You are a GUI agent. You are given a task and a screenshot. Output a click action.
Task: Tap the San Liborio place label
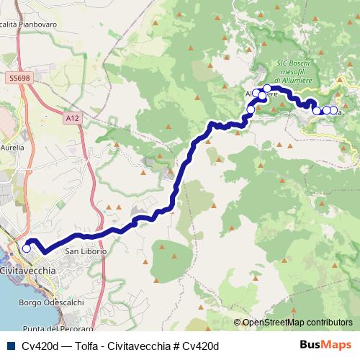tap(86, 252)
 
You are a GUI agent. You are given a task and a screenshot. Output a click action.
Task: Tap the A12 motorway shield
tap(70, 116)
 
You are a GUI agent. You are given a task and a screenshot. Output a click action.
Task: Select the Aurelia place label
tap(14, 147)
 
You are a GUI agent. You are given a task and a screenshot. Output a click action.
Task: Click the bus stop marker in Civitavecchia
tap(27, 248)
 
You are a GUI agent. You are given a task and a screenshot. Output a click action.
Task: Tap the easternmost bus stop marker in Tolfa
tap(333, 110)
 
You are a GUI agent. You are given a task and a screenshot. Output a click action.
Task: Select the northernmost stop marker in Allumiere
tap(267, 89)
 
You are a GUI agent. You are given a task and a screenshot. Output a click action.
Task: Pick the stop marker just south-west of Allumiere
tap(251, 109)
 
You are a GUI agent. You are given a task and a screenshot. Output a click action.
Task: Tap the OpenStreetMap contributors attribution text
tap(297, 323)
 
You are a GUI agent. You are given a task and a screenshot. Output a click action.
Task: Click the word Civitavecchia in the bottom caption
tap(137, 346)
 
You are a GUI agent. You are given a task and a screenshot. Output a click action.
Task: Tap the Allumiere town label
tap(257, 94)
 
